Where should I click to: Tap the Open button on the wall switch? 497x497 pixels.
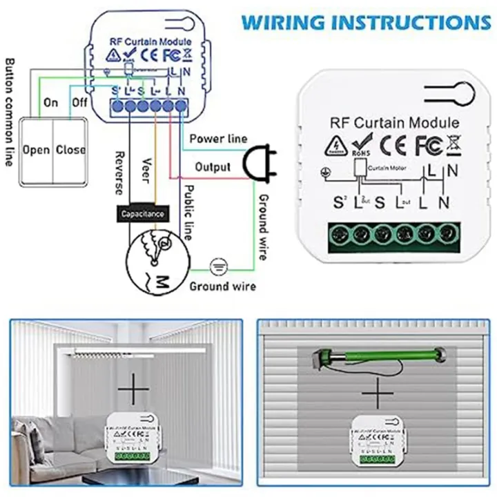pos(36,150)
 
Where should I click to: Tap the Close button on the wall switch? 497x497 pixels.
pos(70,150)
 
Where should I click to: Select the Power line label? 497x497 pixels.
pos(218,139)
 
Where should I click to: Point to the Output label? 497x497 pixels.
pos(213,167)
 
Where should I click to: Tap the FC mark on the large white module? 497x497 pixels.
pos(425,146)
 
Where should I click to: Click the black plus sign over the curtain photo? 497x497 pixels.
pos(133,390)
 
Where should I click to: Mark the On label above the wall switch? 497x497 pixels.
pos(51,102)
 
